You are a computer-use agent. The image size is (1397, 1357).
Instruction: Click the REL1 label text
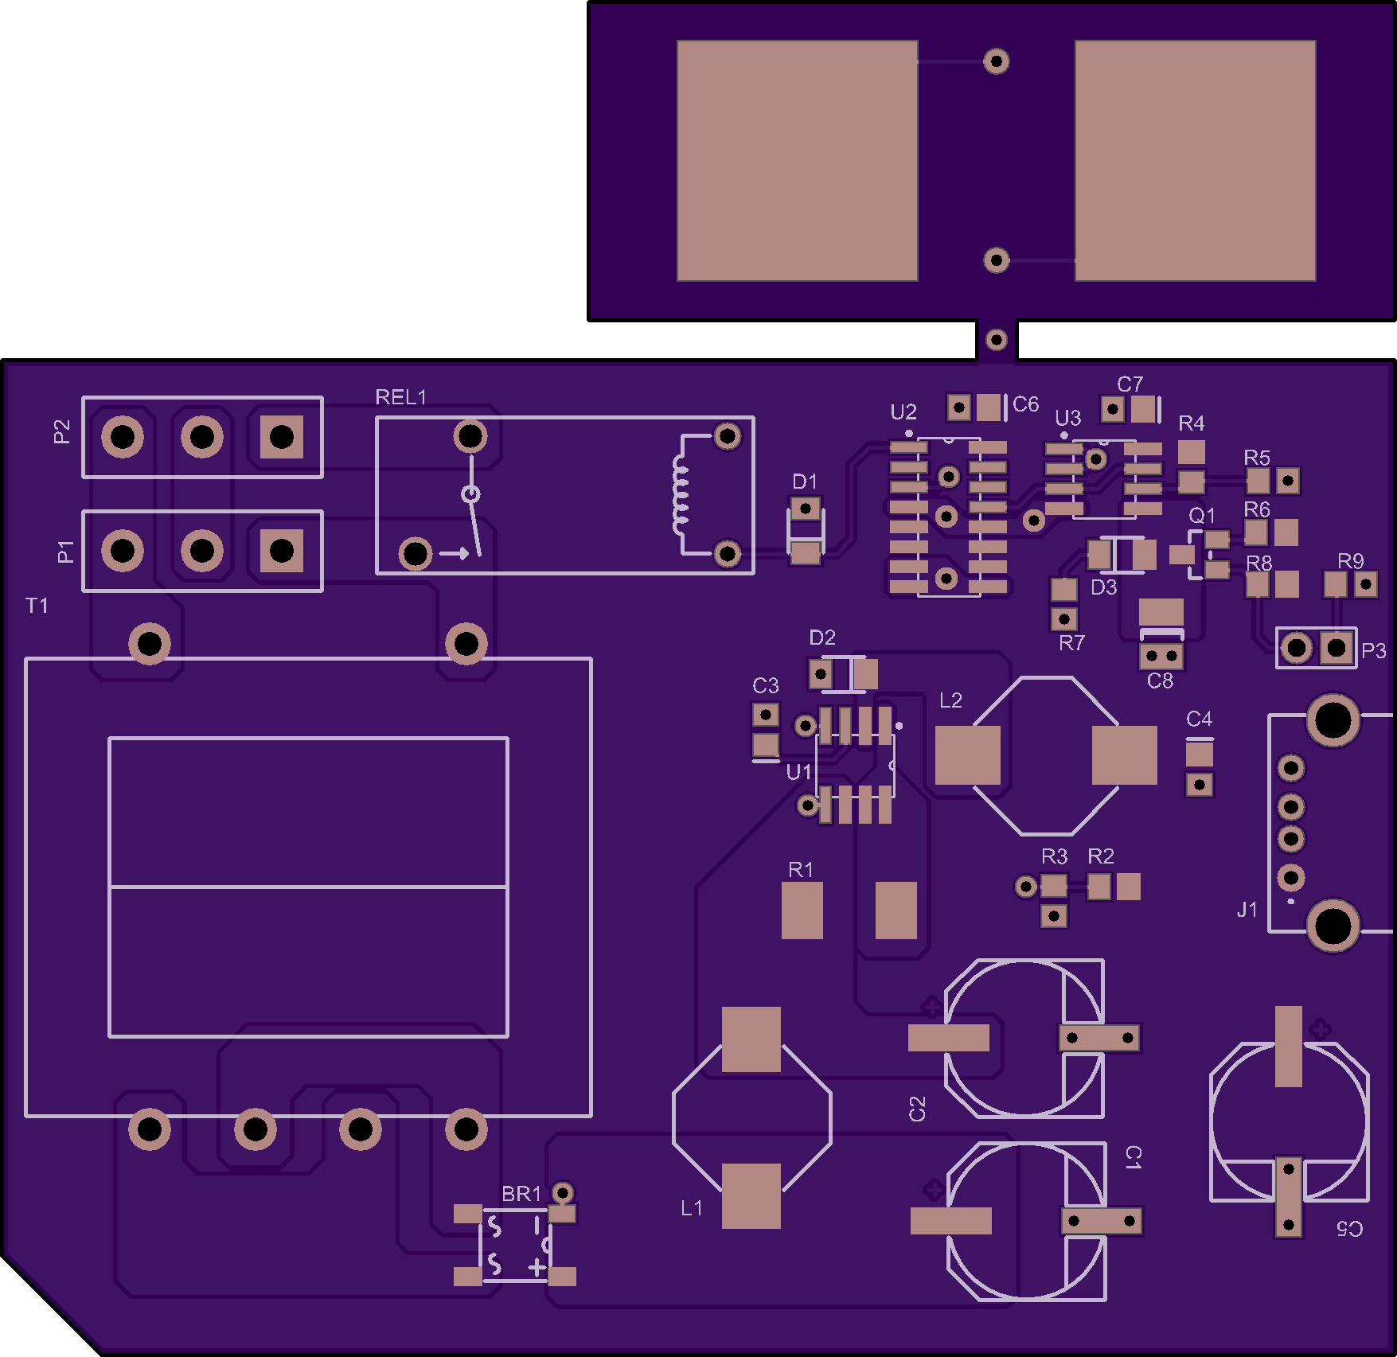(400, 397)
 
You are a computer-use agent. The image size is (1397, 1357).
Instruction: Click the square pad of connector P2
(282, 437)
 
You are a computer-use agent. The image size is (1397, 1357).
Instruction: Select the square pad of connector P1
(282, 551)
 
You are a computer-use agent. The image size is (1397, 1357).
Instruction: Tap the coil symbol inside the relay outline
(680, 494)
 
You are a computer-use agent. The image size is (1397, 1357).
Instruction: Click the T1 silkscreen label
(37, 606)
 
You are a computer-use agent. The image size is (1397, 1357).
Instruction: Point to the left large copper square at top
(797, 161)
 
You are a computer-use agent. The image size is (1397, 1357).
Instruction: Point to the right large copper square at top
(1195, 161)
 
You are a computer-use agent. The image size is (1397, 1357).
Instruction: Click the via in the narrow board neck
(996, 341)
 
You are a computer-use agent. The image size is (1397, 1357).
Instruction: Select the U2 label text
(903, 412)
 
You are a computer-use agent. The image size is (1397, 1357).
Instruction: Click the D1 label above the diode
(805, 482)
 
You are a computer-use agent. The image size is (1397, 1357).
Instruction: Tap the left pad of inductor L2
(967, 755)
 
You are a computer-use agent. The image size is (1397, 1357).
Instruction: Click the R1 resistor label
(801, 870)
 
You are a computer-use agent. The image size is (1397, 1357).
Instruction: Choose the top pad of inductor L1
(751, 1039)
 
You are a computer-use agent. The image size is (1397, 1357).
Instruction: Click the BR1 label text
(521, 1194)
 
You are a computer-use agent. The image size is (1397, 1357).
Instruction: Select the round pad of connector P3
(1297, 648)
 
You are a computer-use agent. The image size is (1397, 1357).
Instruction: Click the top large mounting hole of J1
(1333, 721)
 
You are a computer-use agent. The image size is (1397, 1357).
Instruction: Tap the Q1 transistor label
(1202, 516)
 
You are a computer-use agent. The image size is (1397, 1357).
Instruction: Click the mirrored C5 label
(1349, 1229)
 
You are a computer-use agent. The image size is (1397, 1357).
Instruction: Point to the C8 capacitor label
(1160, 681)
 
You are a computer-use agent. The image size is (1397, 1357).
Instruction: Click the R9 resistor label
(1351, 561)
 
